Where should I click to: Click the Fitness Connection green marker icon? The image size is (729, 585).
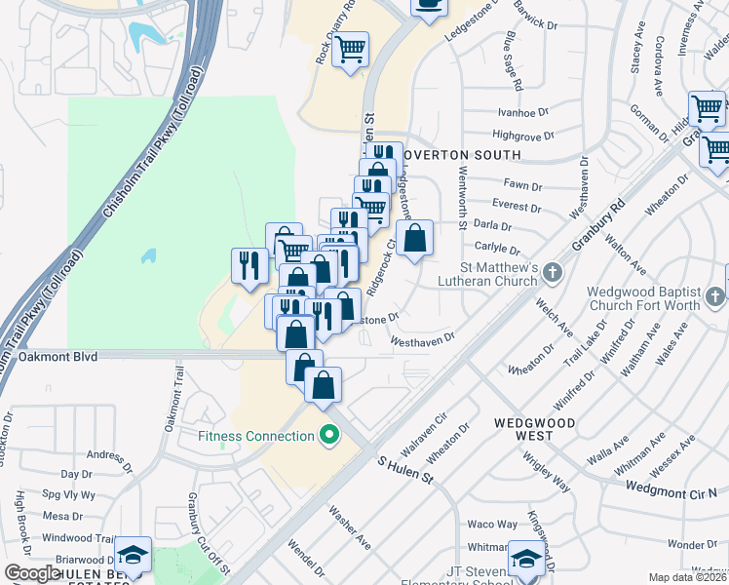click(329, 435)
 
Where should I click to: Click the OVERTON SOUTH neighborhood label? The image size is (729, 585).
click(457, 155)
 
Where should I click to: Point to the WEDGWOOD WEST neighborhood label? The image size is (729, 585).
click(534, 430)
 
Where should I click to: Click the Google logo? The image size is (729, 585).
click(31, 573)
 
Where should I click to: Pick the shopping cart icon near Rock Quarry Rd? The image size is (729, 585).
click(351, 49)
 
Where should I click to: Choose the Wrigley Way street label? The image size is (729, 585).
click(545, 470)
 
